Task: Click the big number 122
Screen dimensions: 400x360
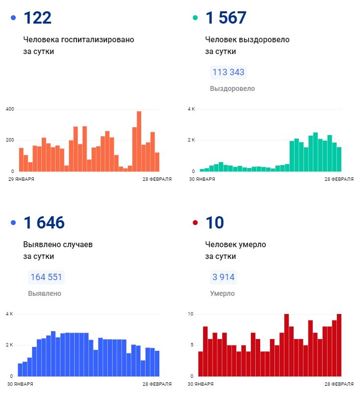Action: click(x=37, y=18)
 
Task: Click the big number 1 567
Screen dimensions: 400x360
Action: click(x=226, y=18)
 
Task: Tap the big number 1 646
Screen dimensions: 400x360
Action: click(x=44, y=223)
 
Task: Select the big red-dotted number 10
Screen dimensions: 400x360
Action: click(x=215, y=223)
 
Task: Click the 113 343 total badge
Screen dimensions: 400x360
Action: click(x=228, y=73)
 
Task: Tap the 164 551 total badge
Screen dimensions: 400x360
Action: click(x=46, y=277)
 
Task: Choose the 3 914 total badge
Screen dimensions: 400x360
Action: click(x=223, y=277)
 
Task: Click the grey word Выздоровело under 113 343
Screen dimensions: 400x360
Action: click(x=232, y=89)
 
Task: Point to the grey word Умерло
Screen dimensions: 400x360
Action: click(x=222, y=293)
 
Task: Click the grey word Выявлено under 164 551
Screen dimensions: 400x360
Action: click(x=45, y=293)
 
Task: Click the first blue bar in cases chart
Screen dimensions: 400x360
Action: click(x=20, y=370)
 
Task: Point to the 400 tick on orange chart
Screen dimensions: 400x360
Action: click(x=10, y=109)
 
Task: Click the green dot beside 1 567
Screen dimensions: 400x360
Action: click(x=195, y=18)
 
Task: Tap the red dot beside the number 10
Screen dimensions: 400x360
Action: click(x=195, y=223)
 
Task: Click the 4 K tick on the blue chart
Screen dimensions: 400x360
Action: click(x=9, y=314)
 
